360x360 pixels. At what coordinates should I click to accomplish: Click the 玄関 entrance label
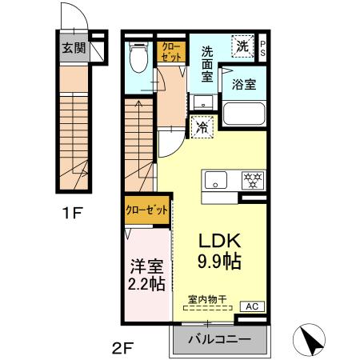click(74, 48)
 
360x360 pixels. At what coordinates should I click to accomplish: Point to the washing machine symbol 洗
click(242, 46)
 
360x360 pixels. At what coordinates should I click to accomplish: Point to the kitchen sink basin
click(215, 180)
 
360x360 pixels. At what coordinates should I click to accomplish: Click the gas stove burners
click(254, 179)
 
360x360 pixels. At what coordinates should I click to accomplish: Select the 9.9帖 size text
click(216, 261)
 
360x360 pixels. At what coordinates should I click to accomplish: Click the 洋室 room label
click(148, 264)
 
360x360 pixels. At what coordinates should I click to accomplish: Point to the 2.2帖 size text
click(148, 283)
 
